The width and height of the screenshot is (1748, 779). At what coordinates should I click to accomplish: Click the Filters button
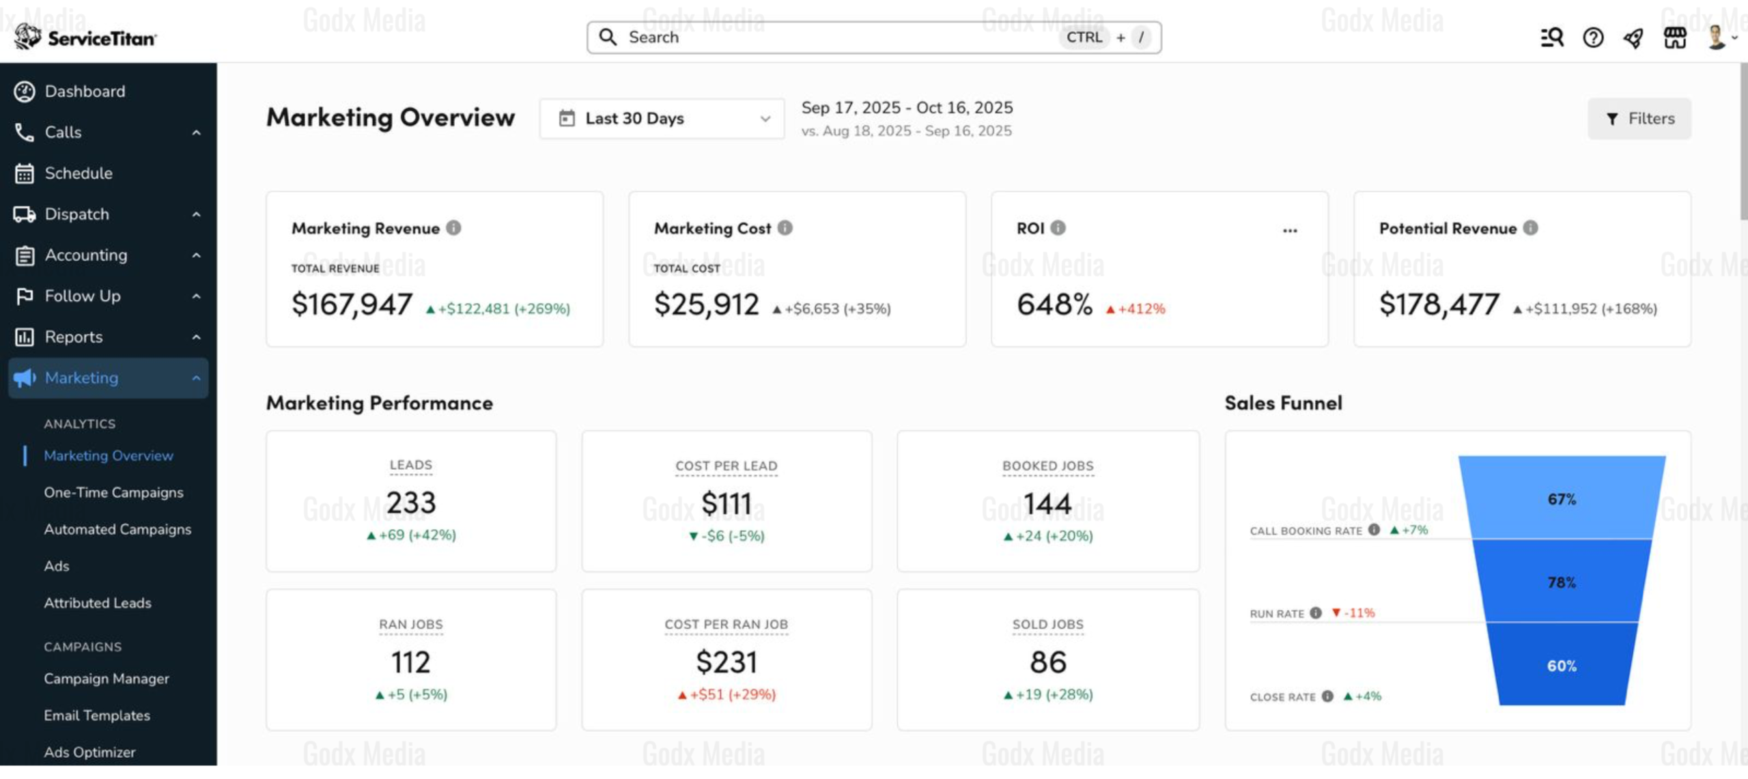click(x=1639, y=119)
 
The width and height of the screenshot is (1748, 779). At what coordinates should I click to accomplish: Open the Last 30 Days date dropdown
click(x=662, y=119)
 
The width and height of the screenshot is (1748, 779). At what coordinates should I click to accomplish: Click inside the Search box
click(x=874, y=38)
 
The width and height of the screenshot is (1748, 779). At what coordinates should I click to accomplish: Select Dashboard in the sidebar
click(x=85, y=91)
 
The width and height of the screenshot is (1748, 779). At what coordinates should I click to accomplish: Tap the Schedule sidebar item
click(x=79, y=173)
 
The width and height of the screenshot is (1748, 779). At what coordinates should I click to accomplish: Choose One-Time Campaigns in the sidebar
click(x=113, y=492)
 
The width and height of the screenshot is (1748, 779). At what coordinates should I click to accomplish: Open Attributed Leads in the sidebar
click(x=98, y=603)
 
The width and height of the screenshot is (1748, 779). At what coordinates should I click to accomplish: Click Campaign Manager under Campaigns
click(x=107, y=679)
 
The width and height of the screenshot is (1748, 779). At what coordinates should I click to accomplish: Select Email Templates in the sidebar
click(x=97, y=716)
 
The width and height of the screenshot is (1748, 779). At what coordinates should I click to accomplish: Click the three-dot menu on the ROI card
click(x=1290, y=230)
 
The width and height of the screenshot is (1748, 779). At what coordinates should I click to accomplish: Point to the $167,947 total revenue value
click(x=352, y=304)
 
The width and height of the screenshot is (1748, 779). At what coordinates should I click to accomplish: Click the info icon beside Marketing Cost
click(x=785, y=228)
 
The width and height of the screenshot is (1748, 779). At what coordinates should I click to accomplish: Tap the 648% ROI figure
click(x=1054, y=304)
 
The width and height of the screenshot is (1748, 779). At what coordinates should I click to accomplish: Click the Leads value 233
click(x=411, y=503)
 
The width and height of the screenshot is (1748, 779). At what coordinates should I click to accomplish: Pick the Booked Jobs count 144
click(x=1047, y=505)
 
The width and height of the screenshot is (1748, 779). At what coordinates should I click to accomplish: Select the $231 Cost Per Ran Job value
click(x=727, y=662)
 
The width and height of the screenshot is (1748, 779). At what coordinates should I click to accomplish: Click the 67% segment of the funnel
click(x=1562, y=498)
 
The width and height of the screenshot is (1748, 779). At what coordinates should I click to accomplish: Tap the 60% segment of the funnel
click(x=1562, y=664)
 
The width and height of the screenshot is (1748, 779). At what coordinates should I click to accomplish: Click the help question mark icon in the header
click(x=1593, y=38)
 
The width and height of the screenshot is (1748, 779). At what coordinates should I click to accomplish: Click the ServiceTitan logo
click(x=85, y=37)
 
